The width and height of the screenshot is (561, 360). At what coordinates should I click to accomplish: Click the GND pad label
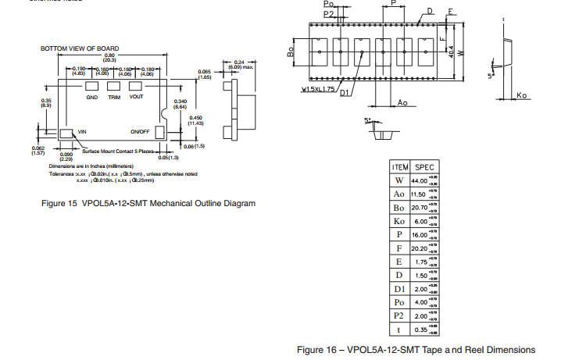pos(92,98)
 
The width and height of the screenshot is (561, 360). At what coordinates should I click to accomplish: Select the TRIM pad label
pos(114,98)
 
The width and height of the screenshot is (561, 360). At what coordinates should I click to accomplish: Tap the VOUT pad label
pos(137,98)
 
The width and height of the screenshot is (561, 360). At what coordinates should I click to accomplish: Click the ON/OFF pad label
pos(140,132)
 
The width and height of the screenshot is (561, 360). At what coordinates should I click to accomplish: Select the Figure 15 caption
pos(148,204)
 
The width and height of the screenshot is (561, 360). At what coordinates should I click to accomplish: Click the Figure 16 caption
pos(416,349)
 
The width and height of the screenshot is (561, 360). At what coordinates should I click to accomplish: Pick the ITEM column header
pos(400,167)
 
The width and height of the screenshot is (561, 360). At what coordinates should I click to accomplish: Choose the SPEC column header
pos(425,167)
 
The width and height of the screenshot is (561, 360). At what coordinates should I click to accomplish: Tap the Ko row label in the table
pos(399,222)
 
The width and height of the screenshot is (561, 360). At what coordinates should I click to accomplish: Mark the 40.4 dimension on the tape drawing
pos(452,51)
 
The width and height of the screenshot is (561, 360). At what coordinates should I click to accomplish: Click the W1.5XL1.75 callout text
pos(319,89)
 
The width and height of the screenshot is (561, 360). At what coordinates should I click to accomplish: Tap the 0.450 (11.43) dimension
pos(196,119)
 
